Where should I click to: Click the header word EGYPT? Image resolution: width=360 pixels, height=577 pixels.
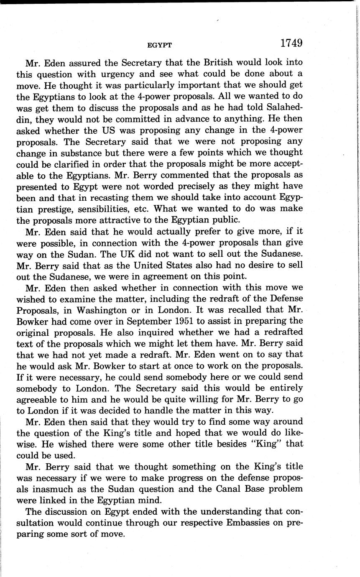(160, 45)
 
